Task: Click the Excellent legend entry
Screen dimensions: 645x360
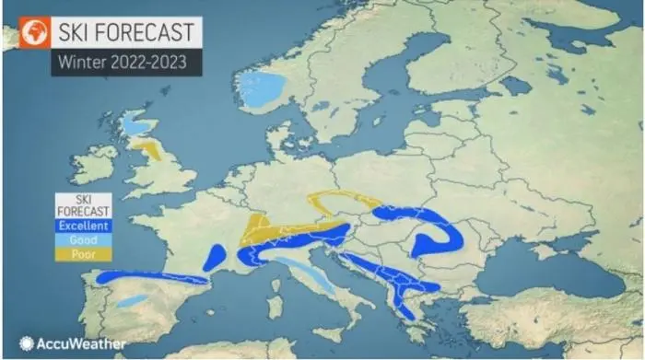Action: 82,226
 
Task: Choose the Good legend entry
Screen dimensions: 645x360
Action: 82,239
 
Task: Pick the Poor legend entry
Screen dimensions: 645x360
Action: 82,253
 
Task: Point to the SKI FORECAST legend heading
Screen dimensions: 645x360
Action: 82,205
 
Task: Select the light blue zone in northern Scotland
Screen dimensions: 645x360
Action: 138,122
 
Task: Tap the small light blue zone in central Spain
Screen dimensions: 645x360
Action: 133,300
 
